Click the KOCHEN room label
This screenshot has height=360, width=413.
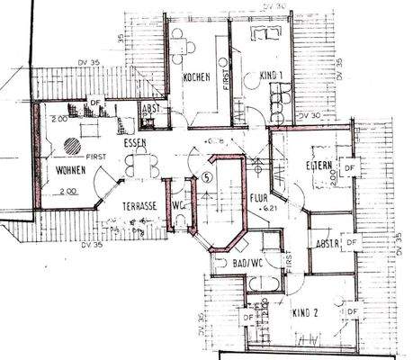pyautogui.click(x=196, y=77)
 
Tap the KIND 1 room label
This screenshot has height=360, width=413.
pyautogui.click(x=270, y=76)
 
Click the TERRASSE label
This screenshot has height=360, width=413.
pyautogui.click(x=140, y=205)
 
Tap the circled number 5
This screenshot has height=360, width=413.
pyautogui.click(x=207, y=176)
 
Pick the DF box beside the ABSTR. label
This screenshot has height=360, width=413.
pyautogui.click(x=352, y=242)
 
